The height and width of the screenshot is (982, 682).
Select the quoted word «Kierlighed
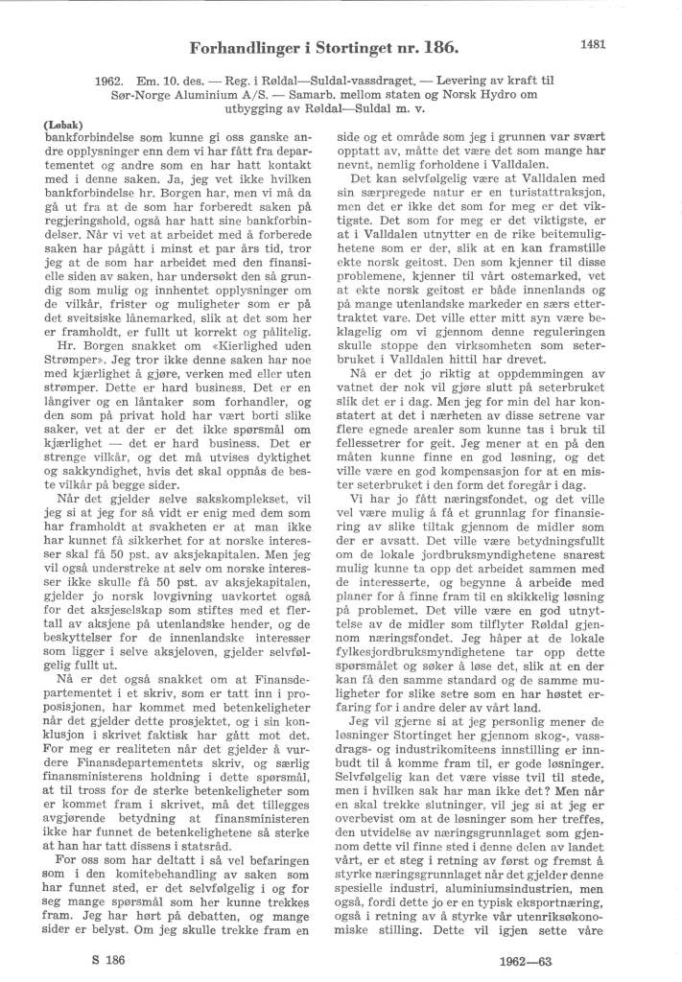tap(245, 315)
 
